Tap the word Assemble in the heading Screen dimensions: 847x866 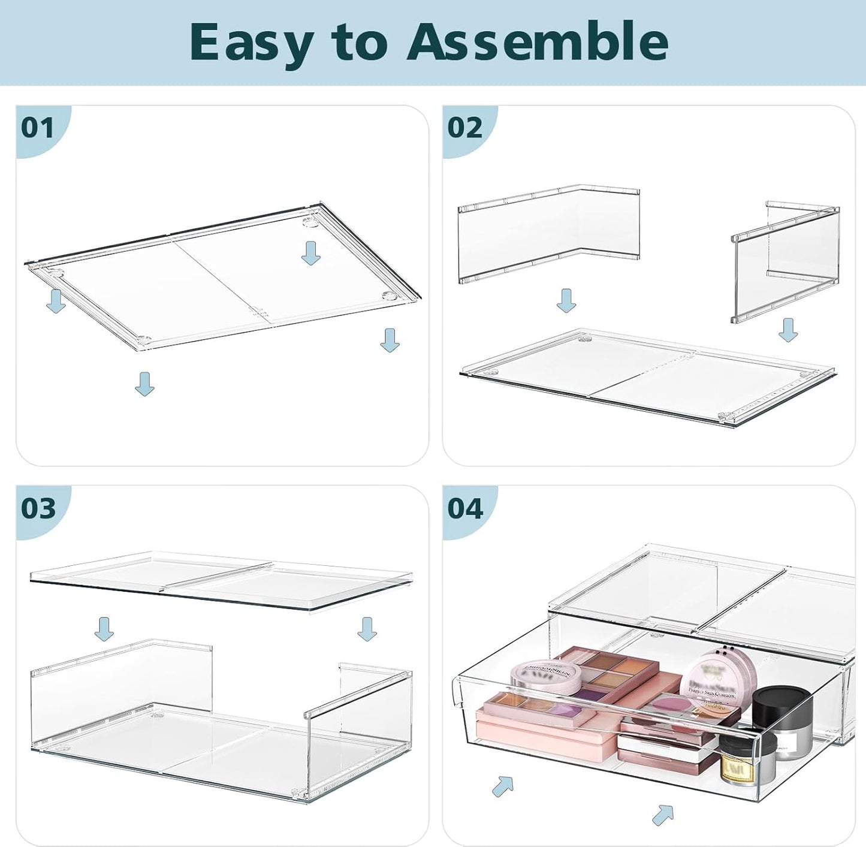click(537, 42)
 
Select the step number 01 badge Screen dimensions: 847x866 click(38, 128)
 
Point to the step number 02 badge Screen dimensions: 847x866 click(464, 128)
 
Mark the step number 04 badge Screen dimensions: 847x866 click(465, 508)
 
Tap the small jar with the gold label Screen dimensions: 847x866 click(738, 762)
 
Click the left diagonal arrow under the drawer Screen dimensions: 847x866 click(503, 786)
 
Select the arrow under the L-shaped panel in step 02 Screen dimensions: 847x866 click(566, 300)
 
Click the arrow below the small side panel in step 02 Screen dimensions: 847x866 click(788, 330)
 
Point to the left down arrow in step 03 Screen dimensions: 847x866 click(104, 628)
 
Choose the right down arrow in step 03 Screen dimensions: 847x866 click(367, 628)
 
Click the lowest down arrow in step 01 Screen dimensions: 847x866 click(144, 384)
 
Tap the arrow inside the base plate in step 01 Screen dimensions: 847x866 click(310, 253)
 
